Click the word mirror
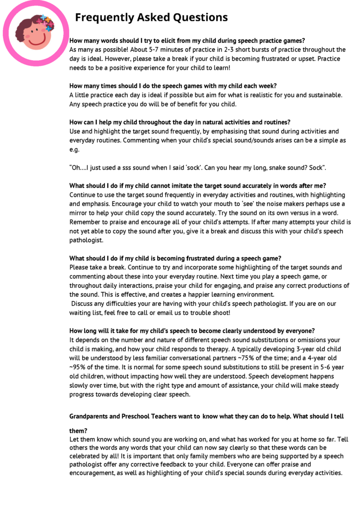point(80,213)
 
